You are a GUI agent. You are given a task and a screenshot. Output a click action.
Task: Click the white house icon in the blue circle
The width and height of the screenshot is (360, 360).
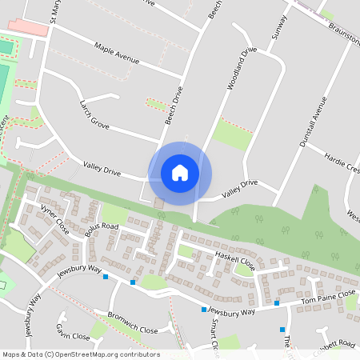pyautogui.click(x=180, y=173)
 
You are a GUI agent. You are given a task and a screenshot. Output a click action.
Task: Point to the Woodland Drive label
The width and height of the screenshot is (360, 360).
pyautogui.click(x=242, y=67)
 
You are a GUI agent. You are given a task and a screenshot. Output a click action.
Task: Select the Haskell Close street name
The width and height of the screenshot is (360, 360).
pyautogui.click(x=235, y=259)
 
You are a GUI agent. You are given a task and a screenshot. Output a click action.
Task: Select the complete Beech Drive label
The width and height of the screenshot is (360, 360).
pyautogui.click(x=174, y=106)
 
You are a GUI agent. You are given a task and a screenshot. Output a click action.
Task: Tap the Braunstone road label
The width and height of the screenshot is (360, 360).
pyautogui.click(x=343, y=33)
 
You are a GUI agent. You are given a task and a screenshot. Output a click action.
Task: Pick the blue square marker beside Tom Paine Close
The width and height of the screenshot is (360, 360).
pyautogui.click(x=277, y=302)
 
